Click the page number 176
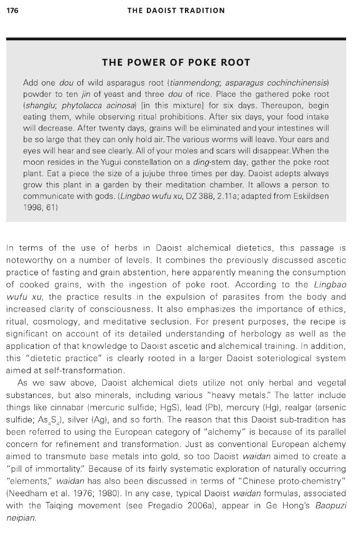point(13,10)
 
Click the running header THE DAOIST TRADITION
point(176,10)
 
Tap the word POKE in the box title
point(176,63)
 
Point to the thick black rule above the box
point(176,39)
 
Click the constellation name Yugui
point(118,162)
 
